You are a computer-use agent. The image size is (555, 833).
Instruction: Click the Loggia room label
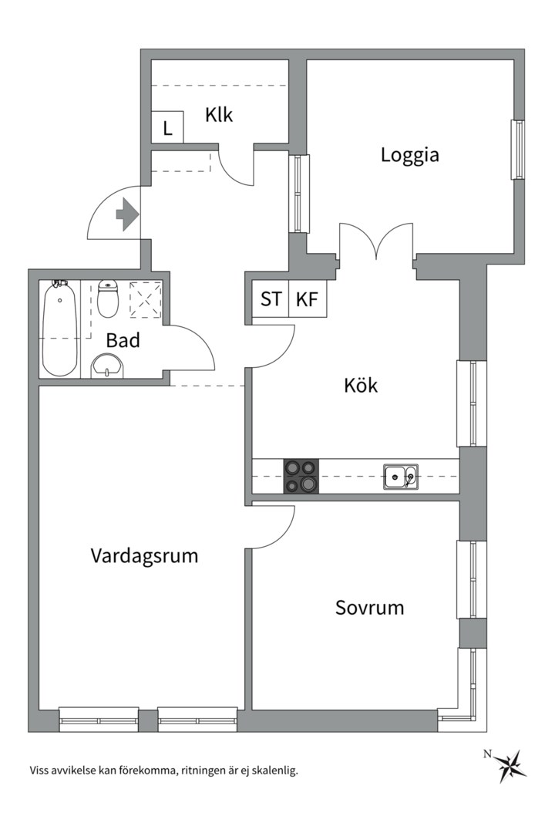coord(409,155)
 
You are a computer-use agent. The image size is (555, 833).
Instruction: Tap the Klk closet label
coord(219,116)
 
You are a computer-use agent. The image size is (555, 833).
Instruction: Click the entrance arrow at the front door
coord(126,214)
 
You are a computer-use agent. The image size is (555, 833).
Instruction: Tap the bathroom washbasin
coord(106,366)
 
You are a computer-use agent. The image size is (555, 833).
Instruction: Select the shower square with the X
coord(146,299)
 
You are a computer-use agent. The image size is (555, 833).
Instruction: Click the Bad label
coord(123,340)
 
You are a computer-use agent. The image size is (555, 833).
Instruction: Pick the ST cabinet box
coord(271,299)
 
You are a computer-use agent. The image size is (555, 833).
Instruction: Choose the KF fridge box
coord(308,299)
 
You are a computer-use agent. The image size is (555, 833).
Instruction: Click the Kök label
coord(361,386)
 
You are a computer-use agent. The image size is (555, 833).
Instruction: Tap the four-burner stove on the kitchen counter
coord(301,476)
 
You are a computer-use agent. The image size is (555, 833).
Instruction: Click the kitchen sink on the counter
coord(401,477)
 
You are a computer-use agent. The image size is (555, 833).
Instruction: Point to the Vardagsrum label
coord(144,555)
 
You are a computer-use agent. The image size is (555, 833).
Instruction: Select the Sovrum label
coord(369,608)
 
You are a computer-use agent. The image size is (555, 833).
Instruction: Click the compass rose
coord(510,766)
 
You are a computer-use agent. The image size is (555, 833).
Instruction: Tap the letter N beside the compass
coord(487,754)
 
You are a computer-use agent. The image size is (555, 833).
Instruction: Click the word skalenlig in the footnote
coord(271,770)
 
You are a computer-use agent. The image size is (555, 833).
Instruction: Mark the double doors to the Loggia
coord(376,243)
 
